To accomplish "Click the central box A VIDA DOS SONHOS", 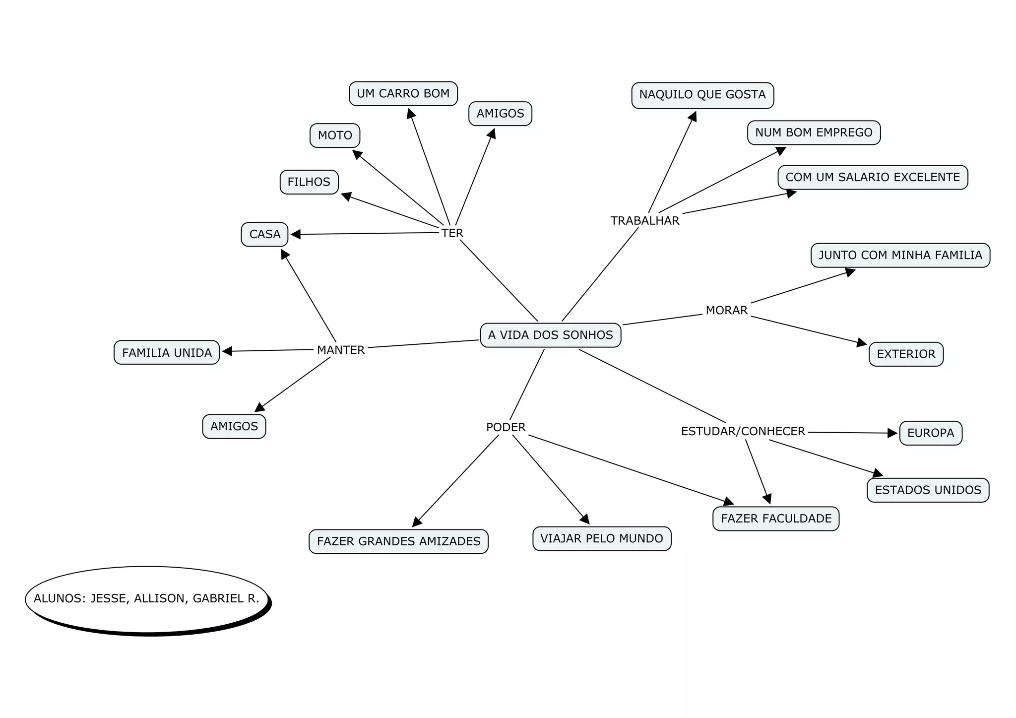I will pos(550,335).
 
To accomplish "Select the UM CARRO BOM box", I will pos(403,94).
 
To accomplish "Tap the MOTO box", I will pos(335,135).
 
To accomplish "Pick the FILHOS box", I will pos(309,182).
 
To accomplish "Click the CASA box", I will pos(264,234).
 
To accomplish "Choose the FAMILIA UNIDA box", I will pos(167,353).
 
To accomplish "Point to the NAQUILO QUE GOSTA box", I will pos(702,95).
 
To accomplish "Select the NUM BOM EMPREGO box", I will pos(814,132).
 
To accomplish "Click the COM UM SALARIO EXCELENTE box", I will pos(873,177).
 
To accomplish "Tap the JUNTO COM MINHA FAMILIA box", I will pos(900,255).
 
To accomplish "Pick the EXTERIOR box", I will pos(906,354).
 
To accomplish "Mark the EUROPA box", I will pos(931,433).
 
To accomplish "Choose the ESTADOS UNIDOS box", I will pos(928,490).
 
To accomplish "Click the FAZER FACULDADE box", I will pos(776,519).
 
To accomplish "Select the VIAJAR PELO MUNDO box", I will pos(601,539).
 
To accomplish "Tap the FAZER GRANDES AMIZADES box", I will pos(398,541).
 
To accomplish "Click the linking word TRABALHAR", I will pos(644,221).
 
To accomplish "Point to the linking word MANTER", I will pos(341,350).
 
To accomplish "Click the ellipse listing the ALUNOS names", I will pos(147,599).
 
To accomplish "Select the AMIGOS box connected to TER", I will pos(500,114).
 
